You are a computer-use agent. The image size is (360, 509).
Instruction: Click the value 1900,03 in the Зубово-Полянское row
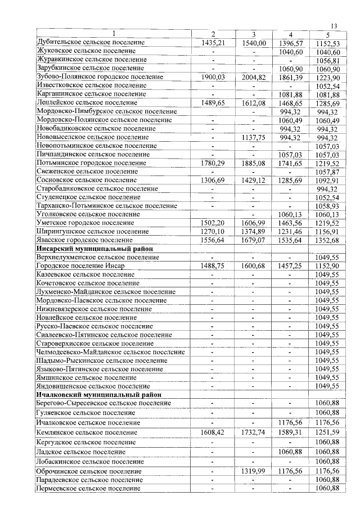(213, 77)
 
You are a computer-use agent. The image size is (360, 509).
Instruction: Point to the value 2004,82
(254, 77)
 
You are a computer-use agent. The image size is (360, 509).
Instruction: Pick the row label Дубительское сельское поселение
(90, 42)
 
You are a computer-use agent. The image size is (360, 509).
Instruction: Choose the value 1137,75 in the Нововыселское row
(254, 137)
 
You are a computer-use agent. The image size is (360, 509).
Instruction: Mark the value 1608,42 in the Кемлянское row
(213, 432)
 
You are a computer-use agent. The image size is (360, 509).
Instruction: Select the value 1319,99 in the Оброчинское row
(254, 471)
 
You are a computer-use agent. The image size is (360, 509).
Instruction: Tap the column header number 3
(254, 34)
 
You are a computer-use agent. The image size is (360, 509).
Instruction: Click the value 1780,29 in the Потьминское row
(213, 163)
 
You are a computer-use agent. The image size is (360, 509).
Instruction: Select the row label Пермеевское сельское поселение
(88, 488)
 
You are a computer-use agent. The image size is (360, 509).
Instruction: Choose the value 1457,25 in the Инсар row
(290, 265)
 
